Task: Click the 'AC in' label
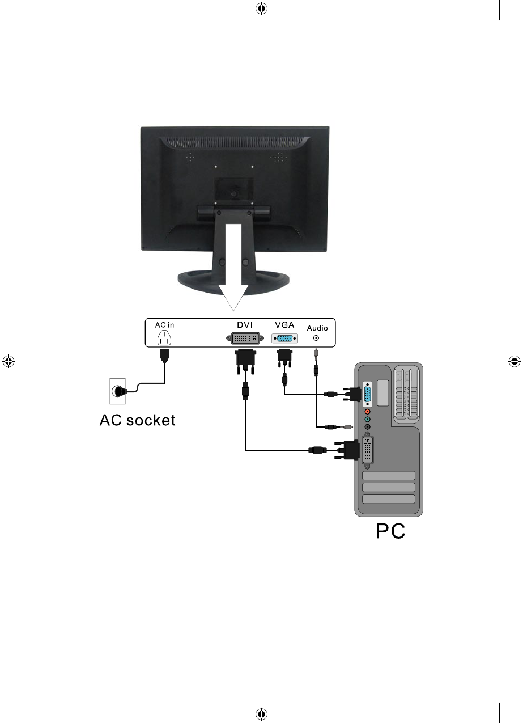click(164, 325)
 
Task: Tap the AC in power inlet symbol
click(164, 338)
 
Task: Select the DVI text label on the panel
click(244, 324)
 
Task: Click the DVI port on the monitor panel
click(244, 339)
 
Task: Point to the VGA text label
click(284, 324)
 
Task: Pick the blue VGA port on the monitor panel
click(284, 339)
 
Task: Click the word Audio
click(317, 328)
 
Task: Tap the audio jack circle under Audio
click(316, 339)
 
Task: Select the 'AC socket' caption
click(138, 420)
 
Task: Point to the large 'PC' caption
click(391, 532)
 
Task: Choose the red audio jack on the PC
click(367, 411)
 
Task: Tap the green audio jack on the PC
click(367, 419)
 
